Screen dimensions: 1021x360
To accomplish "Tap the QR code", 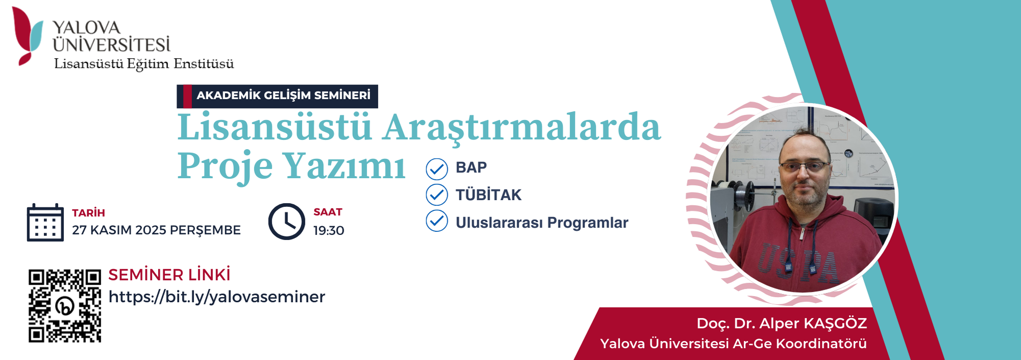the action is pyautogui.click(x=65, y=305).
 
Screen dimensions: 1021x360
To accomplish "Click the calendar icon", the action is pyautogui.click(x=45, y=222).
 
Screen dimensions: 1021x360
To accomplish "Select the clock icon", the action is pyautogui.click(x=286, y=222).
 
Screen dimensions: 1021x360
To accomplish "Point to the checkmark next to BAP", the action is pyautogui.click(x=437, y=169).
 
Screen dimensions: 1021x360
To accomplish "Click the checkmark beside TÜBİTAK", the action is pyautogui.click(x=437, y=195).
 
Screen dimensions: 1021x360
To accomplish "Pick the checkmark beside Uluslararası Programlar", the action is pyautogui.click(x=437, y=221).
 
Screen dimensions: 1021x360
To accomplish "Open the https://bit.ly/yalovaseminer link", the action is pyautogui.click(x=217, y=297).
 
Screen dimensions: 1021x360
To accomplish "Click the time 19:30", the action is pyautogui.click(x=329, y=231).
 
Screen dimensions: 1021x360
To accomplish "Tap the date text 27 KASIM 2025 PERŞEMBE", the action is pyautogui.click(x=156, y=230).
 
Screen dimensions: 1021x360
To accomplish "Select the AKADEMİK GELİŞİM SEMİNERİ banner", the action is pyautogui.click(x=277, y=96).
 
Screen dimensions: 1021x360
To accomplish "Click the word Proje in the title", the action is pyautogui.click(x=225, y=166).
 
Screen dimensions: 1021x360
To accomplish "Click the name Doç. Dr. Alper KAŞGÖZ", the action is pyautogui.click(x=782, y=323).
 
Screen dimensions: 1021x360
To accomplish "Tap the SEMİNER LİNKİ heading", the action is pyautogui.click(x=169, y=275).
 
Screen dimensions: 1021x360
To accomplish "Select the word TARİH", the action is pyautogui.click(x=88, y=213).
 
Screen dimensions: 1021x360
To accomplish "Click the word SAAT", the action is pyautogui.click(x=328, y=212).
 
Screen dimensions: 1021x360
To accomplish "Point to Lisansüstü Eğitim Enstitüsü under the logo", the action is pyautogui.click(x=144, y=64).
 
